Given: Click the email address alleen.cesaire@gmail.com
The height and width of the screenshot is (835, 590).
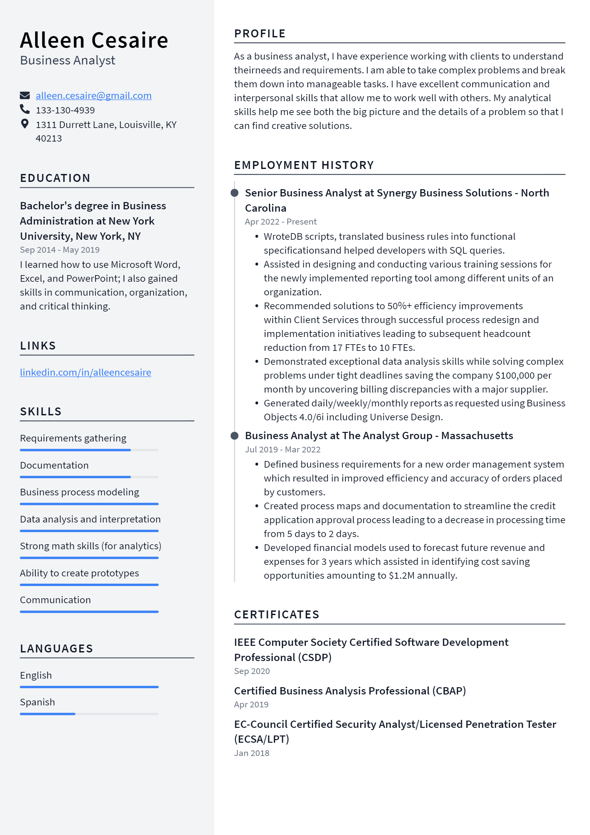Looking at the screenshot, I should point(94,96).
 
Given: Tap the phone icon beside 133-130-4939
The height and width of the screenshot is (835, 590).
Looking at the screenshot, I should point(24,109).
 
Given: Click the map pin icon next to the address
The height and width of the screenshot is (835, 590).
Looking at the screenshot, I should point(24,124).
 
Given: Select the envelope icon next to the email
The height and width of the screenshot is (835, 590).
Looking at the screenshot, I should point(24,95).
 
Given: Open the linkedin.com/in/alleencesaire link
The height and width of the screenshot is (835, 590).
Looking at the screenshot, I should point(85,372).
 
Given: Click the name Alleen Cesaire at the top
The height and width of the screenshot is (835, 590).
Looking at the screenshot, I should point(94,40).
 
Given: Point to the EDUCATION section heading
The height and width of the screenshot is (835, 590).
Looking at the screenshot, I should point(55,178).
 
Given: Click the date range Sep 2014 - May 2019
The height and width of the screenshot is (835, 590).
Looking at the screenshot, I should point(59,250).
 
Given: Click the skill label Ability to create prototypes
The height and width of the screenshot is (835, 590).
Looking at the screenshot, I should point(79,573).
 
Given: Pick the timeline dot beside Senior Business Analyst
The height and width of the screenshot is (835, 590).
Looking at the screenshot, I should point(234,193).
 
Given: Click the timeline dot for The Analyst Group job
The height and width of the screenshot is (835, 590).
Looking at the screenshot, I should point(234,435).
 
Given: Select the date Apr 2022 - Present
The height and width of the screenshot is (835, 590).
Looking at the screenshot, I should point(281,222).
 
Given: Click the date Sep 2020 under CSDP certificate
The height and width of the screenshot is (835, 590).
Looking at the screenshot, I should point(252,671).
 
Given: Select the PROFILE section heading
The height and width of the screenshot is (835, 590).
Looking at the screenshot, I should point(259,33).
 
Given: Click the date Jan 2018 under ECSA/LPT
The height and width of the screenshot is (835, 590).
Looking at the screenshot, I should point(252,753).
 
